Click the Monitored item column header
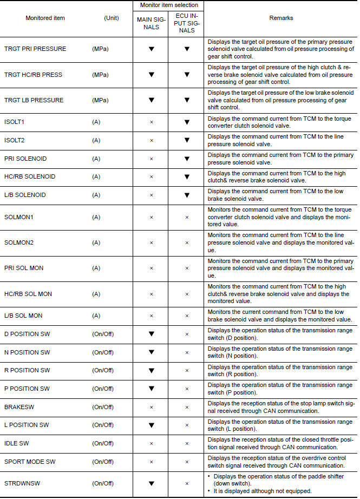pyautogui.click(x=45, y=18)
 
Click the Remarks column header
pyautogui.click(x=281, y=18)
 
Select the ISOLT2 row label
pyautogui.click(x=14, y=140)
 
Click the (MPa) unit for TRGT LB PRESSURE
pyautogui.click(x=100, y=100)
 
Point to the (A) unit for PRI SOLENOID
pyautogui.click(x=96, y=159)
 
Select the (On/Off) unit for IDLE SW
pyautogui.click(x=103, y=443)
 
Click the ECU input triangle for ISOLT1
pyautogui.click(x=187, y=122)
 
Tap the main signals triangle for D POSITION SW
pyautogui.click(x=152, y=334)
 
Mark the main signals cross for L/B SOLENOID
pyautogui.click(x=152, y=195)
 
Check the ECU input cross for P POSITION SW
pyautogui.click(x=187, y=389)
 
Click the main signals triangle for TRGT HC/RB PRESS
pyautogui.click(x=152, y=75)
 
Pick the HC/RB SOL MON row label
pyautogui.click(x=28, y=294)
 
